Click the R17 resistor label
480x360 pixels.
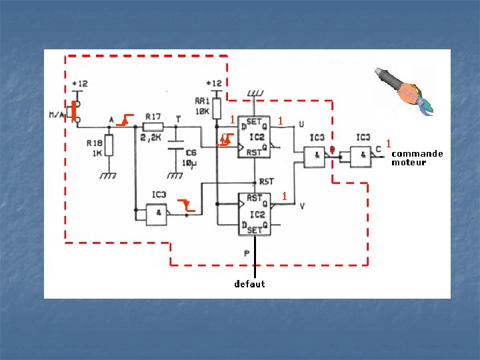(153, 116)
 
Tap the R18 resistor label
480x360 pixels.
(94, 143)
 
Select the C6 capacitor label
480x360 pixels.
(191, 152)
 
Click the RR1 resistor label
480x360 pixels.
(202, 101)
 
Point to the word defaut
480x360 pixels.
(249, 284)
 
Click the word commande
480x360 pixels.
(417, 153)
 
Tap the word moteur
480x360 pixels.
(409, 162)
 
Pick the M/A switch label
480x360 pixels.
(57, 115)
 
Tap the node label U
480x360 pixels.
(301, 124)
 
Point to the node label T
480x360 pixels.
(177, 118)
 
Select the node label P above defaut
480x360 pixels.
(247, 253)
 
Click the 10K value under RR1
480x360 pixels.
(202, 111)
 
